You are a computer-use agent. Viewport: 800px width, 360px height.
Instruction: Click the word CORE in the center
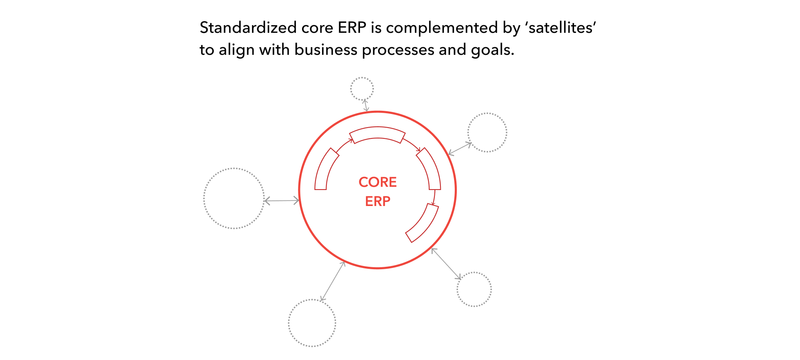(x=378, y=182)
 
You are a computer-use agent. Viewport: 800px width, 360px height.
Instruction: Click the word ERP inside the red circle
(x=378, y=201)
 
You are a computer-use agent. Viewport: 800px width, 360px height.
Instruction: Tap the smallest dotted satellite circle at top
(x=362, y=89)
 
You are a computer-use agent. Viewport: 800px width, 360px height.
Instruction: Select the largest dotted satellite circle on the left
(x=234, y=198)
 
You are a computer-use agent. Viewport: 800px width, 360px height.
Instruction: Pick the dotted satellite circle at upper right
(x=487, y=132)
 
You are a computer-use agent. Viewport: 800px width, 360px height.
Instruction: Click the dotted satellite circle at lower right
(x=474, y=289)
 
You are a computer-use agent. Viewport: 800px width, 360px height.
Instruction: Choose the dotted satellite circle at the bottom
(x=312, y=323)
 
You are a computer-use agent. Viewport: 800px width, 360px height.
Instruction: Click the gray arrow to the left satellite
(x=282, y=200)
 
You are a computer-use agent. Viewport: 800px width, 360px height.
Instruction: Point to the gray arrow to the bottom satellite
(x=333, y=281)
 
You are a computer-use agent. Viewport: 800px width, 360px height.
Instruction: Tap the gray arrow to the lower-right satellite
(x=446, y=264)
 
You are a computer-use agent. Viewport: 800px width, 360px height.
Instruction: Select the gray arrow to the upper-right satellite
(x=460, y=148)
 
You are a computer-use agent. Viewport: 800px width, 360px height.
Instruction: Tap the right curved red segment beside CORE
(x=430, y=168)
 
